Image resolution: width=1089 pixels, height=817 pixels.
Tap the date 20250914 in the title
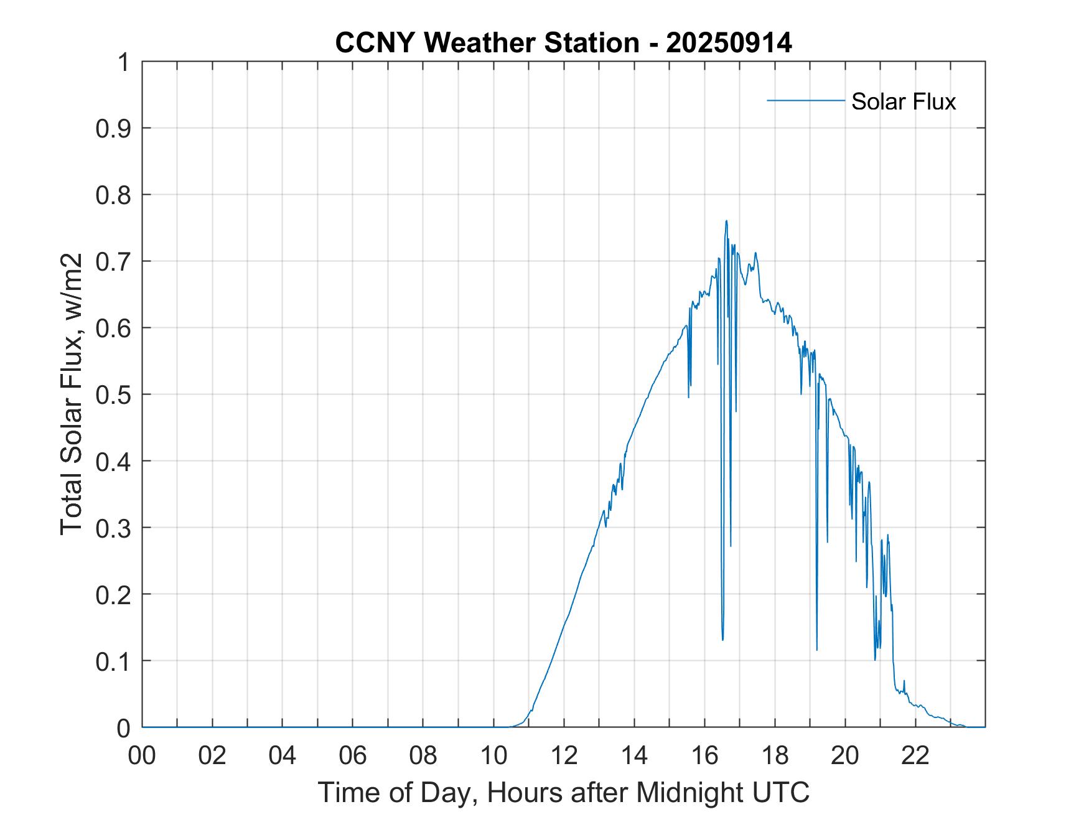coord(729,43)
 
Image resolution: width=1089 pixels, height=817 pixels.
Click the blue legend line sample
coord(805,100)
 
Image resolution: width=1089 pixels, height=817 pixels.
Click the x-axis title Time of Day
coord(563,792)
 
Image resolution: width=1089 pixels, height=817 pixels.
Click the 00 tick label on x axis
coord(142,755)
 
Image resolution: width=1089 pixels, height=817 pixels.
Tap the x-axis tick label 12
coord(564,755)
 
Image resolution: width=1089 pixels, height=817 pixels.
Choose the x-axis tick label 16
coord(704,755)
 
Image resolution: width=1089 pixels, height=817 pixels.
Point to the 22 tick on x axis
coord(915,755)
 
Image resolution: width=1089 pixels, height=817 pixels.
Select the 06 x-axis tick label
coord(353,755)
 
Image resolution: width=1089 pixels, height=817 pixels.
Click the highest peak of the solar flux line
coord(726,221)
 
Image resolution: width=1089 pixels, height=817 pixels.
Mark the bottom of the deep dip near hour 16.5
coord(722,640)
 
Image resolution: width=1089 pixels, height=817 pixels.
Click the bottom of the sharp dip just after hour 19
coord(816,650)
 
